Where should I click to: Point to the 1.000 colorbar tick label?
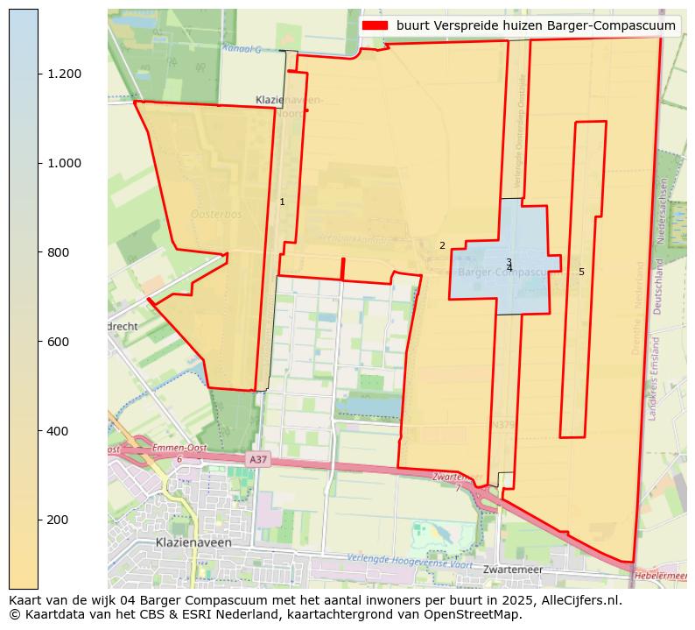click(65, 163)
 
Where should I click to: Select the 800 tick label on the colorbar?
click(59, 252)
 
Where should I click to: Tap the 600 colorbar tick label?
click(59, 342)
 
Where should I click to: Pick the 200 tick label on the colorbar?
click(59, 520)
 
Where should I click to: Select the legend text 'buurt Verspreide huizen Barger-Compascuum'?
click(536, 25)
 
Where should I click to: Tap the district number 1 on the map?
click(282, 202)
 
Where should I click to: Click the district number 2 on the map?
click(442, 246)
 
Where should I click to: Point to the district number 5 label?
click(581, 273)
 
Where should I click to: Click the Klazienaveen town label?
click(193, 542)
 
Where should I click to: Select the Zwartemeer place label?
click(513, 570)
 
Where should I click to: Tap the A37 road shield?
click(256, 459)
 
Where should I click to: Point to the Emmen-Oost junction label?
click(179, 449)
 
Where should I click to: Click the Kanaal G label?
click(242, 48)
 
